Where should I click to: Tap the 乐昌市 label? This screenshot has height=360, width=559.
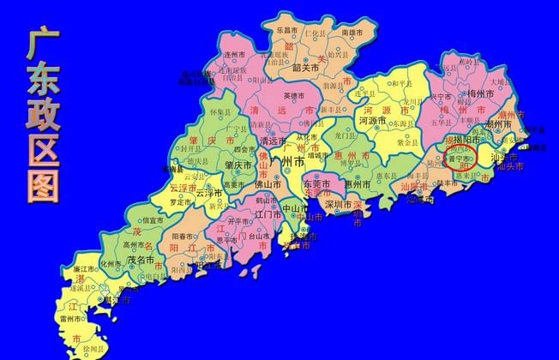(287, 31)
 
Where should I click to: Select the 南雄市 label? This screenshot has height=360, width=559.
(352, 32)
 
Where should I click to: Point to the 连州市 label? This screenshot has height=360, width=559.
(235, 55)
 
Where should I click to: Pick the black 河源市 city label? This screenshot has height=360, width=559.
(373, 122)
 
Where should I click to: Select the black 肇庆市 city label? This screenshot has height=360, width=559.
(237, 165)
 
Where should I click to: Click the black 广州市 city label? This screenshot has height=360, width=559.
(286, 160)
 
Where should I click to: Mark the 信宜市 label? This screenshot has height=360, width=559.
(153, 220)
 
